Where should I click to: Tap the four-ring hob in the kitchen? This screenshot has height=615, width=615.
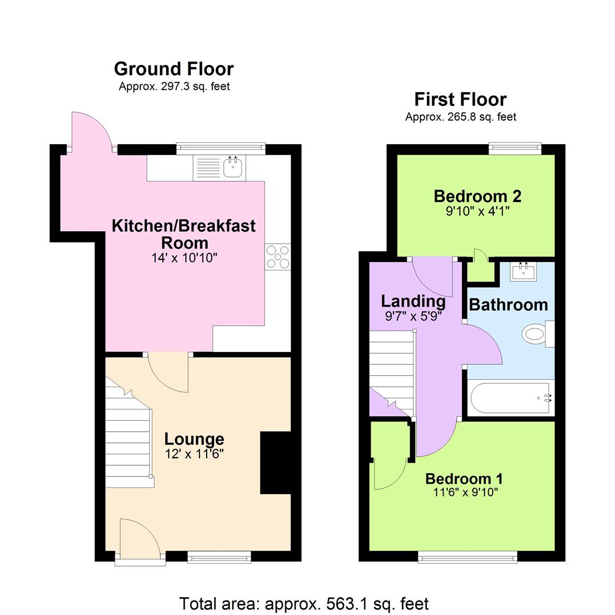278,257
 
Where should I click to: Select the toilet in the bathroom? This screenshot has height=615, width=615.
536,333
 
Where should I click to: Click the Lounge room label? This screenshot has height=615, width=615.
194,439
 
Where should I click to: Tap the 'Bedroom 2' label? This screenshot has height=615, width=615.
477,196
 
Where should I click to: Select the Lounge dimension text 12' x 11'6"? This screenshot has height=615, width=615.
194,454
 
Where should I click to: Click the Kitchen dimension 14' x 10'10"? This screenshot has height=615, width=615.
183,258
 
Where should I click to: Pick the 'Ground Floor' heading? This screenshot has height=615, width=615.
174,69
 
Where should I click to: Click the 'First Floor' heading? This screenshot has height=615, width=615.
460,100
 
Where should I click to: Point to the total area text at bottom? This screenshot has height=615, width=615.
304,603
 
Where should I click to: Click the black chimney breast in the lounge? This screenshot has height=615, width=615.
276,462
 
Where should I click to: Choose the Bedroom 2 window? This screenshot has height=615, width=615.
515,149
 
